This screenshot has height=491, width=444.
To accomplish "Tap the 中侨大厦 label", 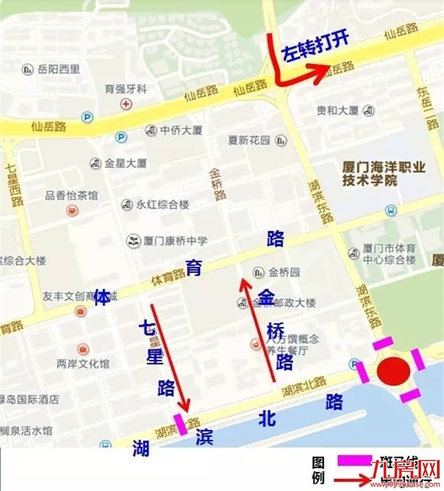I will click(x=181, y=131).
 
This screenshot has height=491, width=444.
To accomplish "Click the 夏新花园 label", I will click(x=249, y=140).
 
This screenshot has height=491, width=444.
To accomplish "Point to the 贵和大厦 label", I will click(x=337, y=111).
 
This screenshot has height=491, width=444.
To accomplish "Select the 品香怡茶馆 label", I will click(x=72, y=195).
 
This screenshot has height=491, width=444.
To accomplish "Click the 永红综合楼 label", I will click(x=163, y=204).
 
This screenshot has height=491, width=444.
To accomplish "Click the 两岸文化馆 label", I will click(x=83, y=364).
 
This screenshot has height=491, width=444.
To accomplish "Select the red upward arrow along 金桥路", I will click(x=258, y=326).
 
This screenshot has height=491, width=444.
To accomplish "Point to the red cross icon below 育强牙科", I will click(x=126, y=104).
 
